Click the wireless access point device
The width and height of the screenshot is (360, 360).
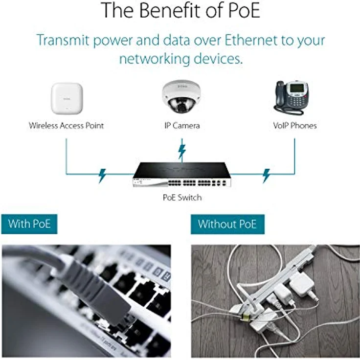(67, 98)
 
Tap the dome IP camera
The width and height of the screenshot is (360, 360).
(181, 96)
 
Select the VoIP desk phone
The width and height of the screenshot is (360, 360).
(292, 97)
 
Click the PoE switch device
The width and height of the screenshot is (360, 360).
(182, 175)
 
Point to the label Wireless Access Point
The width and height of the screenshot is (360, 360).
(66, 126)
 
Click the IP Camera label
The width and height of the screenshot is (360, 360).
(182, 126)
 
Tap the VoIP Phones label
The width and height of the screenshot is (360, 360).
(295, 126)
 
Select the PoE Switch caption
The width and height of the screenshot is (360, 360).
(182, 198)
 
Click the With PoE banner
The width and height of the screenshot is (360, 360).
(29, 224)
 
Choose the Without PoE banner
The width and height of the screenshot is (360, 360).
(227, 224)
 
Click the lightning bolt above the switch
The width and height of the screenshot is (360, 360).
(182, 152)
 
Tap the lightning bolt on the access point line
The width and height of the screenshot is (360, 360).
(102, 176)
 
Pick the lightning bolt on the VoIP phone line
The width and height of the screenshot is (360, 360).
(266, 176)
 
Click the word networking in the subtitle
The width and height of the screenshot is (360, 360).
(155, 59)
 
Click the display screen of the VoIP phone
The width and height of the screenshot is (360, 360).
(297, 88)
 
